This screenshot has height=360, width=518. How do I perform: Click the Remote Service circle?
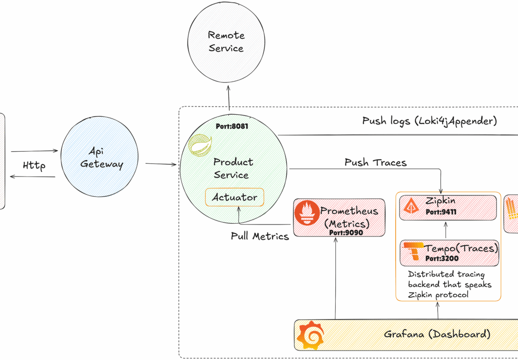(226, 42)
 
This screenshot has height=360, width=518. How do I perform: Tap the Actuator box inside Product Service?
(235, 197)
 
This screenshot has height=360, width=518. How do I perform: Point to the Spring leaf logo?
(197, 146)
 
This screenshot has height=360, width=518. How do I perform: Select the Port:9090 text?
(346, 232)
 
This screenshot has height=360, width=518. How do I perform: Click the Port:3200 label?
(442, 259)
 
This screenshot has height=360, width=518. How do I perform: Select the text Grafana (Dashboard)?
(437, 334)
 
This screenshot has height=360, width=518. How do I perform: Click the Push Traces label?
(375, 163)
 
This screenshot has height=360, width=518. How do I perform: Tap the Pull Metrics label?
(259, 236)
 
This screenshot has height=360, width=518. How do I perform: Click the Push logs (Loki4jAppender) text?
(429, 121)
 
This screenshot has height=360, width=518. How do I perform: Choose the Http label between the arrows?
(34, 166)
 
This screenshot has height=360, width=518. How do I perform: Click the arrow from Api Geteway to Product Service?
(161, 164)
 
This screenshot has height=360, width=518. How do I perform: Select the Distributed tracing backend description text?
(449, 284)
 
